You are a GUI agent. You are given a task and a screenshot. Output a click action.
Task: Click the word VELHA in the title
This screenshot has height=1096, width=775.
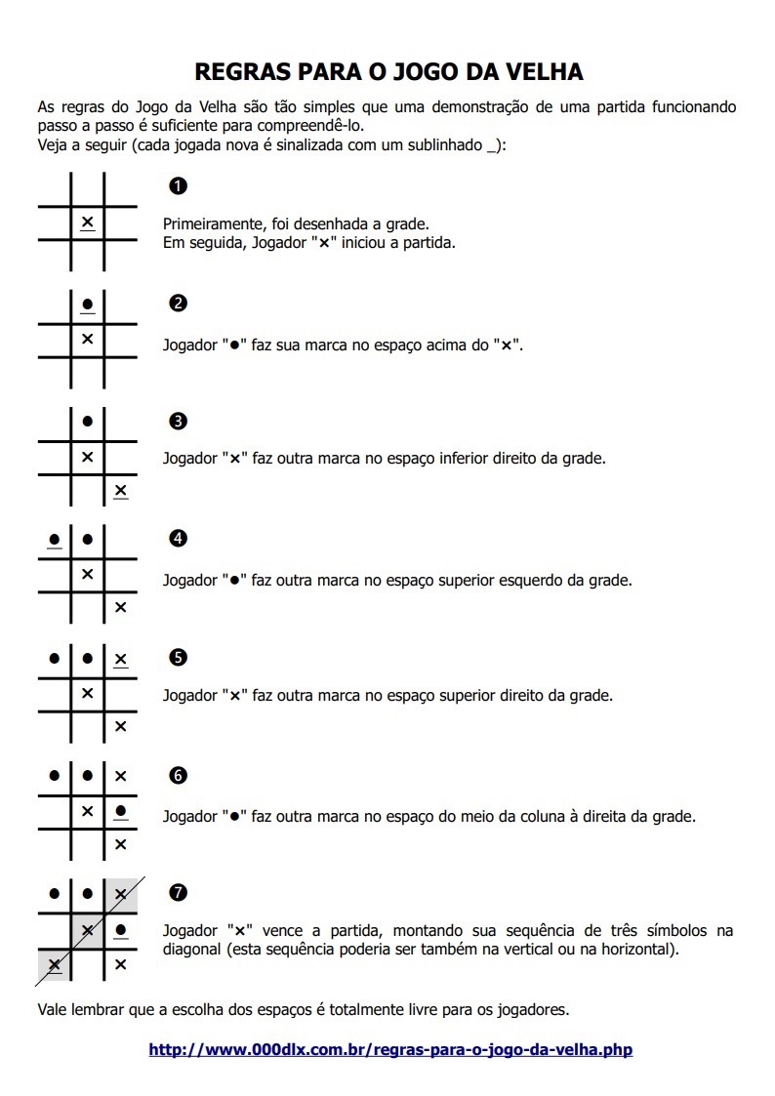[540, 71]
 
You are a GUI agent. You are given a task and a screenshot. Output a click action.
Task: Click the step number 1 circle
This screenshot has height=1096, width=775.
[178, 185]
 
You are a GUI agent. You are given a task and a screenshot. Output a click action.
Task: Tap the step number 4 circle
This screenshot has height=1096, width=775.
[178, 539]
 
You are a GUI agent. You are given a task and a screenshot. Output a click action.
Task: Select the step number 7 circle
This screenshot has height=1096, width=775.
[178, 892]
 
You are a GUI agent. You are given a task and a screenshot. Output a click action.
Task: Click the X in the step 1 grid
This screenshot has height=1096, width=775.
[87, 223]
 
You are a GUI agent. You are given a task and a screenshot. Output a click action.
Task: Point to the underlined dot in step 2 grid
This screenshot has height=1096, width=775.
[87, 304]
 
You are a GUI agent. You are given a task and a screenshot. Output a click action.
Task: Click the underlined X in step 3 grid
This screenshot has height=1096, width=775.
[120, 490]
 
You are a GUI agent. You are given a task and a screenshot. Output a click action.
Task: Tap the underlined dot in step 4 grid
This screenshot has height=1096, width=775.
[54, 539]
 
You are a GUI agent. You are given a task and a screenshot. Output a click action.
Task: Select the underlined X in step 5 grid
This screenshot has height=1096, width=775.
[120, 659]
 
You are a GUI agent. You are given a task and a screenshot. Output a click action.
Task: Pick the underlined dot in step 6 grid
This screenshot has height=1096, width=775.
[120, 810]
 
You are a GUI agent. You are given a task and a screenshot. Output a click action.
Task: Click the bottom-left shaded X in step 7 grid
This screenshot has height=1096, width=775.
[54, 964]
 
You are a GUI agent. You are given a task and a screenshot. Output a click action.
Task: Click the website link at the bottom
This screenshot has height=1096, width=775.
[390, 1050]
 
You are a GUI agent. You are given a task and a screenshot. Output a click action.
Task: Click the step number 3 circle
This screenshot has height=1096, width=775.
[178, 422]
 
